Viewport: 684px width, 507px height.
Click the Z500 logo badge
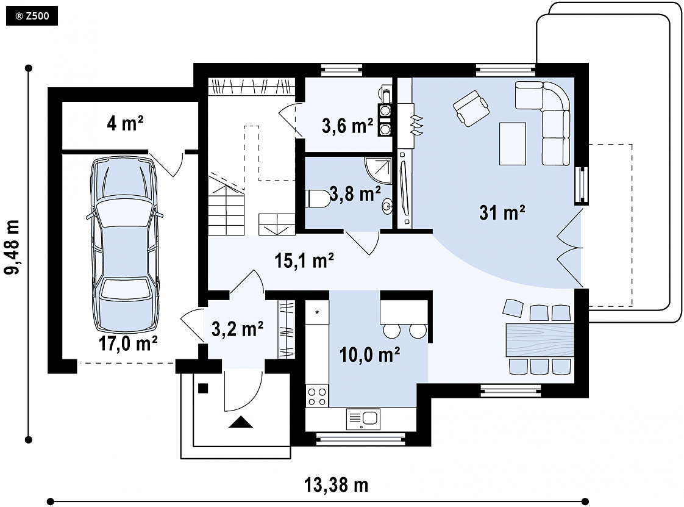(32, 16)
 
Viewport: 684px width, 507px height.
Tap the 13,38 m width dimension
(336, 485)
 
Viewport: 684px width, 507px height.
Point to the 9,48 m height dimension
(12, 247)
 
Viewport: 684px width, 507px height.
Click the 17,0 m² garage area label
(128, 343)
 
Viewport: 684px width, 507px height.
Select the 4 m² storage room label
(125, 124)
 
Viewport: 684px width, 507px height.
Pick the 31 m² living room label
(502, 213)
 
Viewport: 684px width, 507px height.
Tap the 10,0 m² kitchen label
(370, 354)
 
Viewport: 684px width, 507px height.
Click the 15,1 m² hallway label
(304, 261)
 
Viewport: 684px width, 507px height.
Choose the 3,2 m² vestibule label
(237, 329)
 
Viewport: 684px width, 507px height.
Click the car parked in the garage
(125, 245)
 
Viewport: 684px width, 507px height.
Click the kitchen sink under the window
(363, 419)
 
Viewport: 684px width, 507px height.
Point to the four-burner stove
(317, 397)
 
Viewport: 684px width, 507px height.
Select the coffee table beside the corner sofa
(513, 143)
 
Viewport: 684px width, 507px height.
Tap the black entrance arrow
(240, 422)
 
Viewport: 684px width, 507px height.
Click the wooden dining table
(540, 340)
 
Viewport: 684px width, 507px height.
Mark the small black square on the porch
(203, 388)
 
